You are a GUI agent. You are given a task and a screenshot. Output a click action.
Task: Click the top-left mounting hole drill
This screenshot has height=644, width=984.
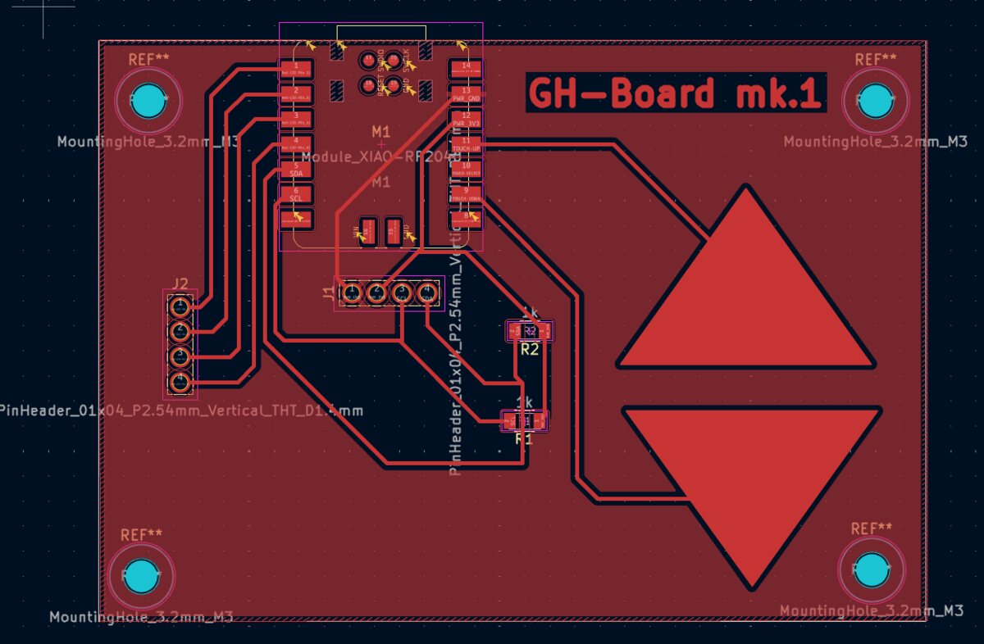click(x=148, y=100)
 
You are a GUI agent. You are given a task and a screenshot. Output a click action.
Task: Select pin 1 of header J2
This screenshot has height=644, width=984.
click(x=180, y=306)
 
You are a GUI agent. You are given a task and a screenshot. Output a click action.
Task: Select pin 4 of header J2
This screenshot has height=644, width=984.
click(x=180, y=382)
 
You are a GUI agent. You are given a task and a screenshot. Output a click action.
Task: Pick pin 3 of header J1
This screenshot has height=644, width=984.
click(x=402, y=293)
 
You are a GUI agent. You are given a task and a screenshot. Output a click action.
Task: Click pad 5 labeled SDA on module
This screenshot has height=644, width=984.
click(x=296, y=170)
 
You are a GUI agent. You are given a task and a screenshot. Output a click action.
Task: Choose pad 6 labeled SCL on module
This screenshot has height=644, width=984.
click(x=296, y=195)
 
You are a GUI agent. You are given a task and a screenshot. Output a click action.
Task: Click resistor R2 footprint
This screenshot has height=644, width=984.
click(x=530, y=331)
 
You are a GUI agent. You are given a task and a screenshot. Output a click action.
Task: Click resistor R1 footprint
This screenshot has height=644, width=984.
click(x=523, y=421)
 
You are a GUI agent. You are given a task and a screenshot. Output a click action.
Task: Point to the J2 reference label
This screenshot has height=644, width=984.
click(x=180, y=284)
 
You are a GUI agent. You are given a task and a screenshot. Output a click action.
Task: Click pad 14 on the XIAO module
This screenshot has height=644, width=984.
click(x=465, y=68)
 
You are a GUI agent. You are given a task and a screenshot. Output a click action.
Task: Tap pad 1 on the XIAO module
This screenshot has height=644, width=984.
click(x=296, y=68)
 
